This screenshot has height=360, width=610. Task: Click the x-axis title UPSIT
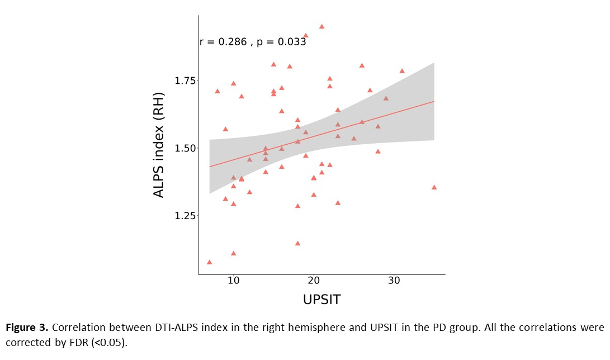click(321, 300)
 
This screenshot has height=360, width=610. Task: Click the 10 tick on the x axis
click(233, 280)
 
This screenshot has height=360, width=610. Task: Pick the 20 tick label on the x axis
click(314, 280)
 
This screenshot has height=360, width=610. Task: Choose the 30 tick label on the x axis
click(394, 280)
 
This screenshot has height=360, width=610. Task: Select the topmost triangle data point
click(321, 26)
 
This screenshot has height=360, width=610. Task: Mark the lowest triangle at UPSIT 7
click(209, 262)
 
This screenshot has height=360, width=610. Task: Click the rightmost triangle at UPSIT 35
click(434, 187)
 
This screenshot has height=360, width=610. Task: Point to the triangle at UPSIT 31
click(402, 71)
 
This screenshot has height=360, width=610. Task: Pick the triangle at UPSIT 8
click(217, 91)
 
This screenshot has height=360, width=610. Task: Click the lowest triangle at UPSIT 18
click(297, 243)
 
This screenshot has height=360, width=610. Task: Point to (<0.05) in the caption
click(108, 342)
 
